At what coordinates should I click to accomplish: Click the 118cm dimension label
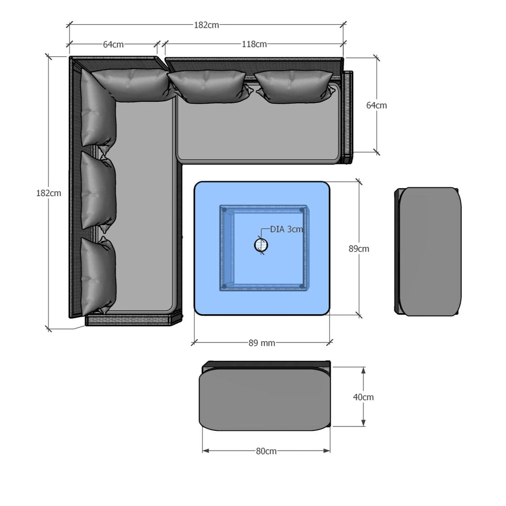tap(254, 44)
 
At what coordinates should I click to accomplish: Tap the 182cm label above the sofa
tap(206, 25)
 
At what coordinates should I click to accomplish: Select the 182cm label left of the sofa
tap(48, 193)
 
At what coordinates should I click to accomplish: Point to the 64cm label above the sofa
tap(113, 44)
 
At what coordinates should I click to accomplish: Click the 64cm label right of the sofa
tap(376, 105)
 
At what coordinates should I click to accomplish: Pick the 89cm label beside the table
tap(359, 249)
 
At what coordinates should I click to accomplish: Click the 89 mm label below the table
tap(262, 343)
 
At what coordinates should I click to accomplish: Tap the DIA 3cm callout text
tap(287, 229)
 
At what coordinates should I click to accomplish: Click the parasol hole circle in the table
tap(261, 245)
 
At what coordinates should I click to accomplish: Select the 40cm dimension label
tap(363, 397)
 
